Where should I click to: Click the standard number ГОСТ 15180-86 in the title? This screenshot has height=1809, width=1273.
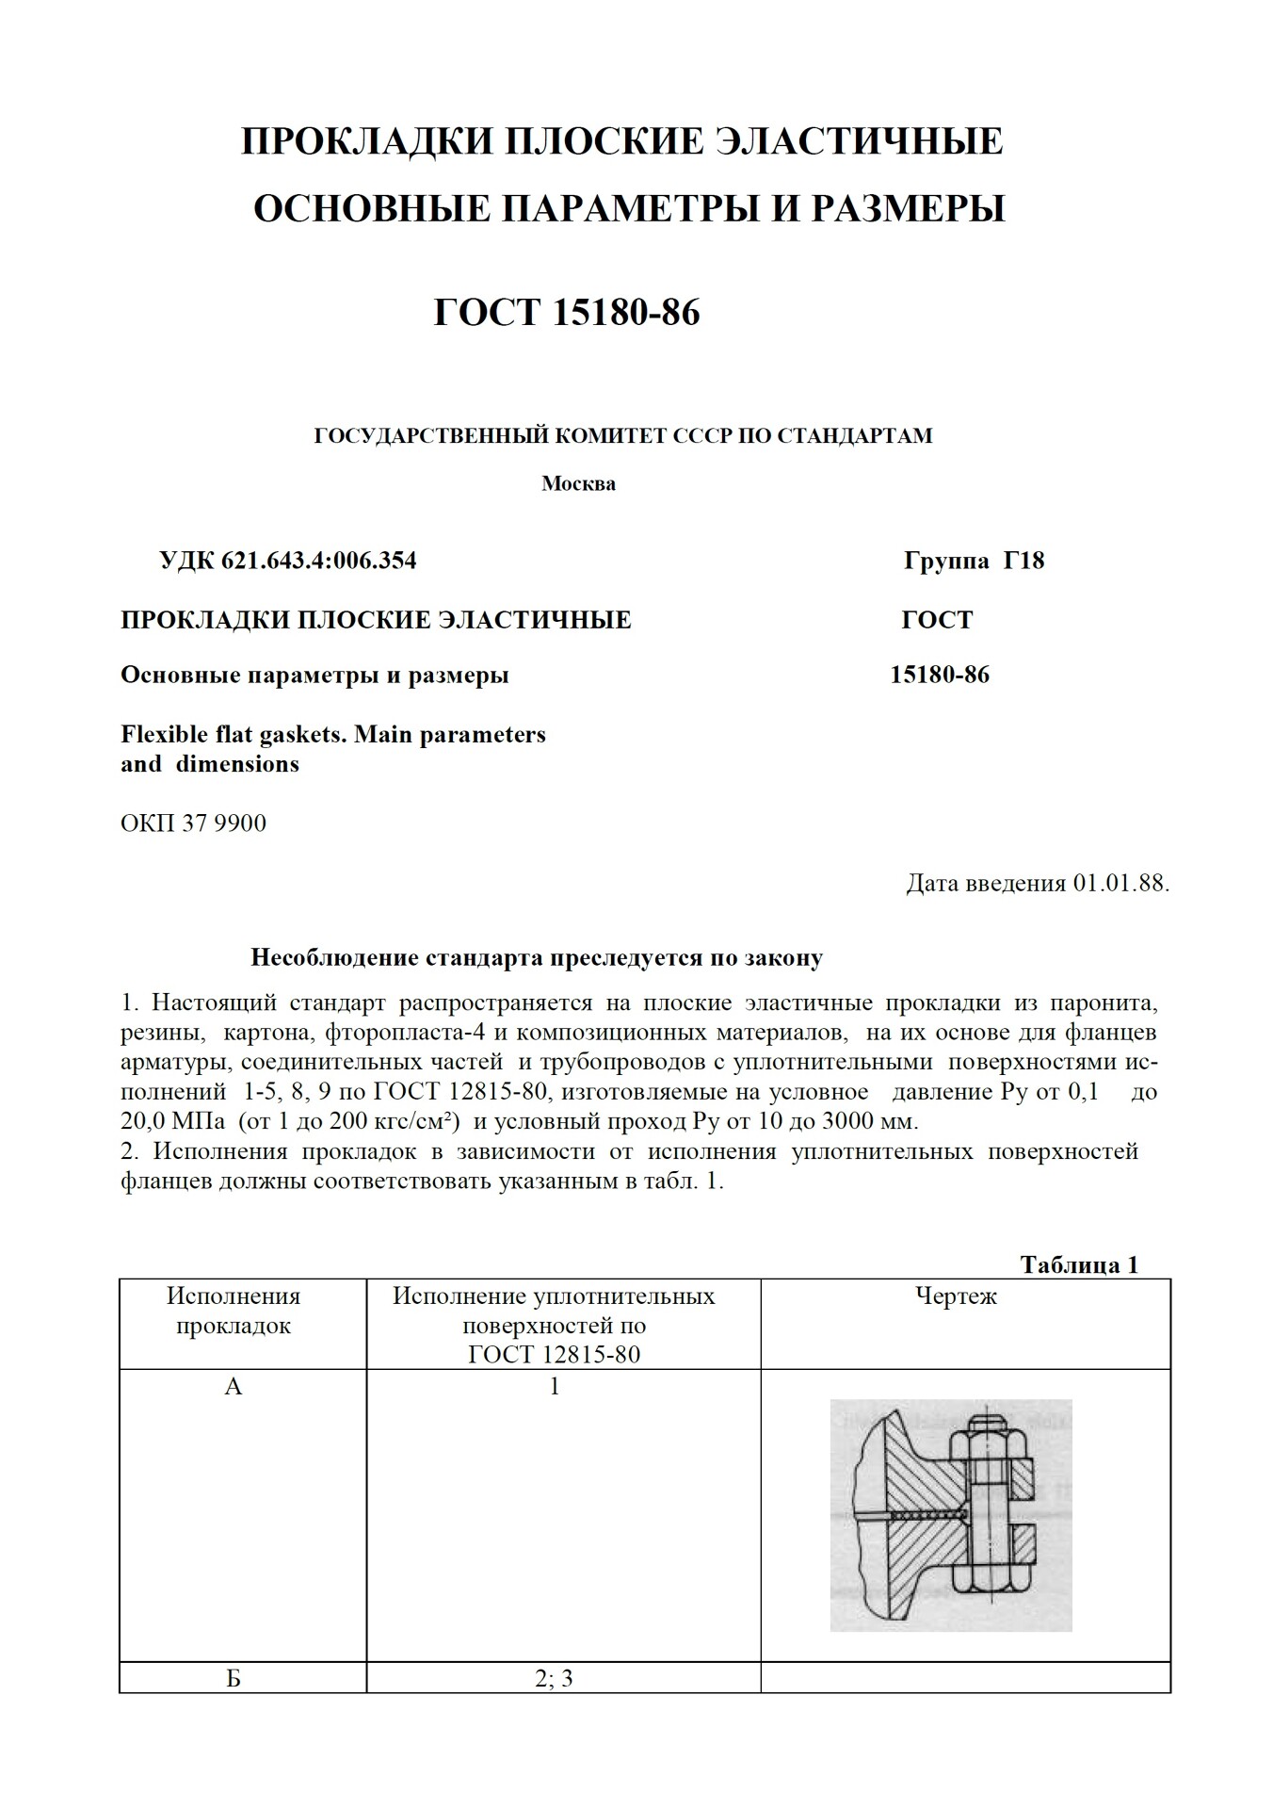567,313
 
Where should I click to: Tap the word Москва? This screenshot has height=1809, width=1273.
578,484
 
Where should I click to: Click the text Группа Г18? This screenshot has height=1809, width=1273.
974,562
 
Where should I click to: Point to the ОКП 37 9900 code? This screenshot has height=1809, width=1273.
193,823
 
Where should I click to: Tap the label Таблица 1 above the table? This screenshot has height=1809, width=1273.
1079,1264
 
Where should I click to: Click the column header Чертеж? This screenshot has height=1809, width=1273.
956,1296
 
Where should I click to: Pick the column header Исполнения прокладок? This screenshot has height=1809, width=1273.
234,1311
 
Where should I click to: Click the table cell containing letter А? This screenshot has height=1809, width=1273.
234,1387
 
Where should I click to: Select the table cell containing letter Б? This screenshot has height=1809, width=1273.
234,1678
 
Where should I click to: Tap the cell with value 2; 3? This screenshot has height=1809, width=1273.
555,1678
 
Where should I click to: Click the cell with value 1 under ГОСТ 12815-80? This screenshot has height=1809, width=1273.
555,1387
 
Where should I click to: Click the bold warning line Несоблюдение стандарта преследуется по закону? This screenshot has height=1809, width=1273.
537,958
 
